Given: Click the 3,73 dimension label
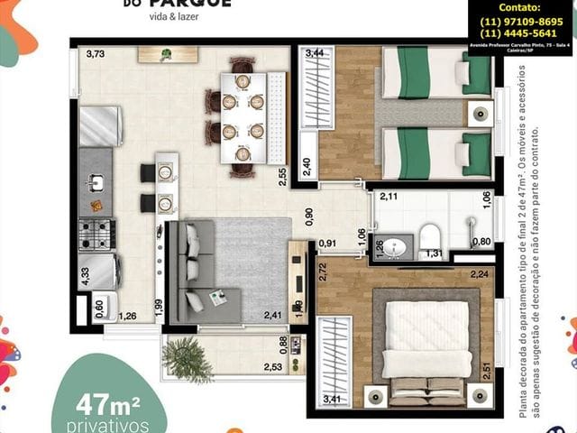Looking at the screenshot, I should click(96, 55).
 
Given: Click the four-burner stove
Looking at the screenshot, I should click(96, 234).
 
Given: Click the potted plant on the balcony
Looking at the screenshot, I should click(186, 358).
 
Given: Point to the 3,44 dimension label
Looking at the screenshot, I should click(315, 55).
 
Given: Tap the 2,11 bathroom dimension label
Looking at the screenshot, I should click(389, 197).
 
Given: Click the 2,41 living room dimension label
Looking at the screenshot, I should click(272, 315).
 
